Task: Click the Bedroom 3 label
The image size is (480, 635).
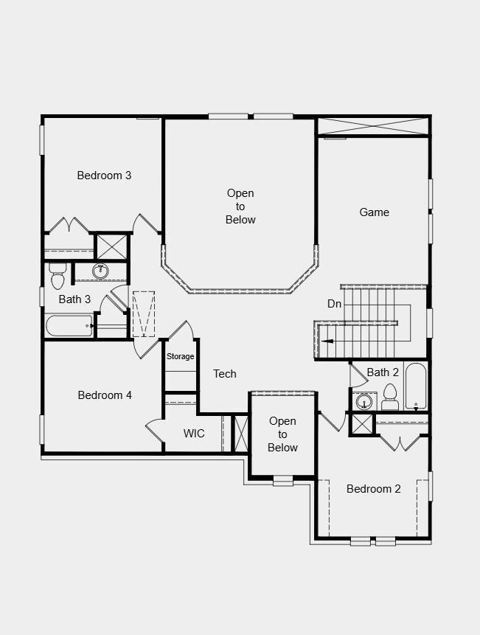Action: pyautogui.click(x=104, y=176)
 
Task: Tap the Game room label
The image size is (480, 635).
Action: pyautogui.click(x=374, y=212)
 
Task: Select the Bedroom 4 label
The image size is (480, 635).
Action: pyautogui.click(x=105, y=395)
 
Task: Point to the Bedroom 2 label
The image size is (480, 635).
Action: pyautogui.click(x=374, y=488)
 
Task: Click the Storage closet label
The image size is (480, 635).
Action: pyautogui.click(x=180, y=357)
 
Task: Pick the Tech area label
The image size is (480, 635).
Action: pyautogui.click(x=225, y=374)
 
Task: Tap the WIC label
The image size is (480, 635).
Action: pyautogui.click(x=194, y=434)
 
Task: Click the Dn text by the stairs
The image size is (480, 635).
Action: pyautogui.click(x=334, y=304)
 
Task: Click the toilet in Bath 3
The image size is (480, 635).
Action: pyautogui.click(x=58, y=277)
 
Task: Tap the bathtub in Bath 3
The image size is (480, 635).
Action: pyautogui.click(x=69, y=325)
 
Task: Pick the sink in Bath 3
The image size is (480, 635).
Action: pyautogui.click(x=101, y=271)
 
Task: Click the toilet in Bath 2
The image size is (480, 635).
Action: pyautogui.click(x=390, y=398)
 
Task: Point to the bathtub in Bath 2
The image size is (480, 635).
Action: pyautogui.click(x=416, y=386)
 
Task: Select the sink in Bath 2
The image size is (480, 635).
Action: pyautogui.click(x=364, y=403)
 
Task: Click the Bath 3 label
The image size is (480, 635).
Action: pyautogui.click(x=74, y=299)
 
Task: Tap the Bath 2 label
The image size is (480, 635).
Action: pyautogui.click(x=383, y=372)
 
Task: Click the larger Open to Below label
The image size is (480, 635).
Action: pyautogui.click(x=240, y=207)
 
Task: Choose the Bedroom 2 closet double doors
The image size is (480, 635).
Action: pyautogui.click(x=400, y=443)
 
